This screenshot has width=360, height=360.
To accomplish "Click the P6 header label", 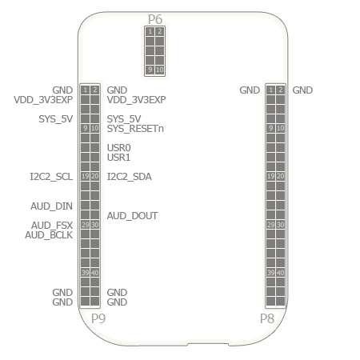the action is point(155,19).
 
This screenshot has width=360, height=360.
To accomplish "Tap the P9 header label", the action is point(98,318).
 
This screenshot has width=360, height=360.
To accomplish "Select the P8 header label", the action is point(267,318).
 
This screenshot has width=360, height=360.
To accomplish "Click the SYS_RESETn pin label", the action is point(135,129).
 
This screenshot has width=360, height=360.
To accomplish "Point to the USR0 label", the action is point(119,148).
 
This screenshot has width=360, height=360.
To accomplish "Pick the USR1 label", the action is point(118,158).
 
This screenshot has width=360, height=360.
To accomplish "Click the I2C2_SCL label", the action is point(51,177).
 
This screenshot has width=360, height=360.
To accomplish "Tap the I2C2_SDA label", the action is point(130,177).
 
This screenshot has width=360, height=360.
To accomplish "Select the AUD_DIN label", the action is point(51,206).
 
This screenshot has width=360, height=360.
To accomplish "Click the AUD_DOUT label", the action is point(133,216).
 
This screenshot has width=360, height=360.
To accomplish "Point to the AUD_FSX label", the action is point(52,226).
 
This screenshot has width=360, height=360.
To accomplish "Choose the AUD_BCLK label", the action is point(49,235).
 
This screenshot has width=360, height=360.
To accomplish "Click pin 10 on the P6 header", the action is point(159,70).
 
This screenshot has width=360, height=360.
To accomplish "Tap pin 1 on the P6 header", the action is point(150,31).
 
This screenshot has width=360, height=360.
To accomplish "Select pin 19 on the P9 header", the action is point(85,176).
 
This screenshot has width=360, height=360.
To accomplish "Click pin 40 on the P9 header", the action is point(94,273).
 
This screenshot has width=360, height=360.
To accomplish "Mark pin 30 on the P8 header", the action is point(280,225).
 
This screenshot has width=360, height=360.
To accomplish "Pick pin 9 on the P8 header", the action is point(270,128).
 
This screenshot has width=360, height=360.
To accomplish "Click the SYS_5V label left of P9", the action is point(56,119).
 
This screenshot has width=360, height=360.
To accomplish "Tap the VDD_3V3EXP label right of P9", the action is point(137,100).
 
